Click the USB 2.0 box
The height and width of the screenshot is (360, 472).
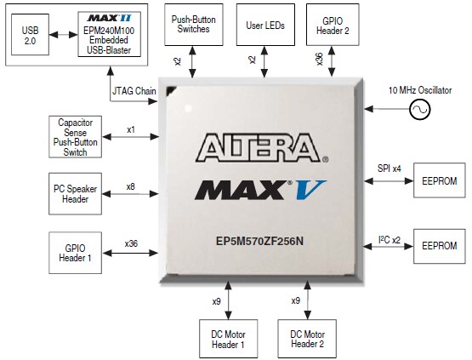31,37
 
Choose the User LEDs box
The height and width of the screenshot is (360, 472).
259,26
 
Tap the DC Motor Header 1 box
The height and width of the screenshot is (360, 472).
227,339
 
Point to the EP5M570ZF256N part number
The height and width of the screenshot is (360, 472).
259,240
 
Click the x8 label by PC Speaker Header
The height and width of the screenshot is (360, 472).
130,186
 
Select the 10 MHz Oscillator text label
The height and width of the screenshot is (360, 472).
419,89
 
